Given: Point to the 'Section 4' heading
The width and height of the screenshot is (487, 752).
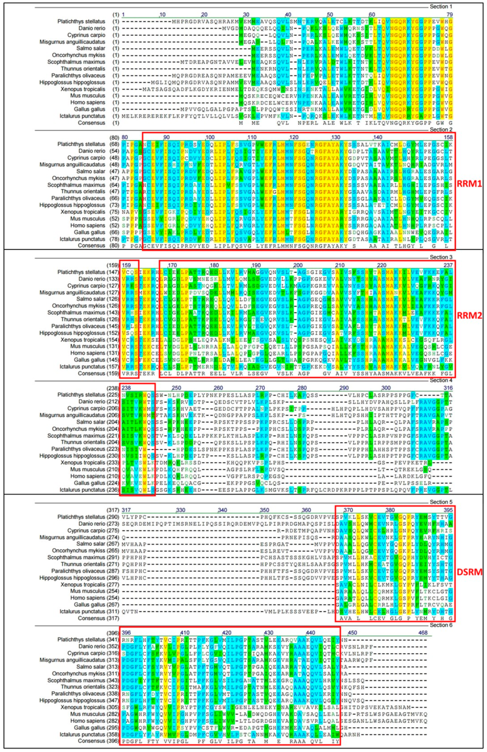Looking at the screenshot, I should (439, 380).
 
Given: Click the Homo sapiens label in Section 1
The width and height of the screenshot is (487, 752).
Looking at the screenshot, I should (88, 102).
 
